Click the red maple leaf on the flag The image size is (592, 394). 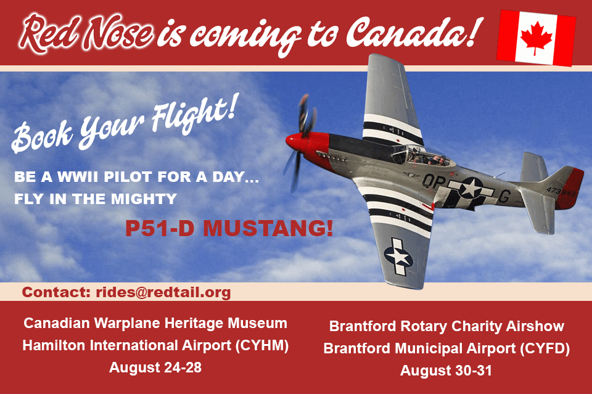[x=536, y=38]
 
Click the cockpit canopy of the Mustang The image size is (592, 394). [x=423, y=155]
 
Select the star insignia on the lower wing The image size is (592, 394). [x=398, y=257]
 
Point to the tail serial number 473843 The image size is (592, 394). [x=561, y=192]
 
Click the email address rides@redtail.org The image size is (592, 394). [x=163, y=292]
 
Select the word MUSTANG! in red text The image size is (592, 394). [x=268, y=228]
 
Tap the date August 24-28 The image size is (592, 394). [x=155, y=367]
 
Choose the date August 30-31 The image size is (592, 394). [x=446, y=370]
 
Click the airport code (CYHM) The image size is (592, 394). [x=261, y=345]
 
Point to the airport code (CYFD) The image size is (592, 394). [x=545, y=348]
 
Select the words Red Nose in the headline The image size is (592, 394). [x=86, y=33]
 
